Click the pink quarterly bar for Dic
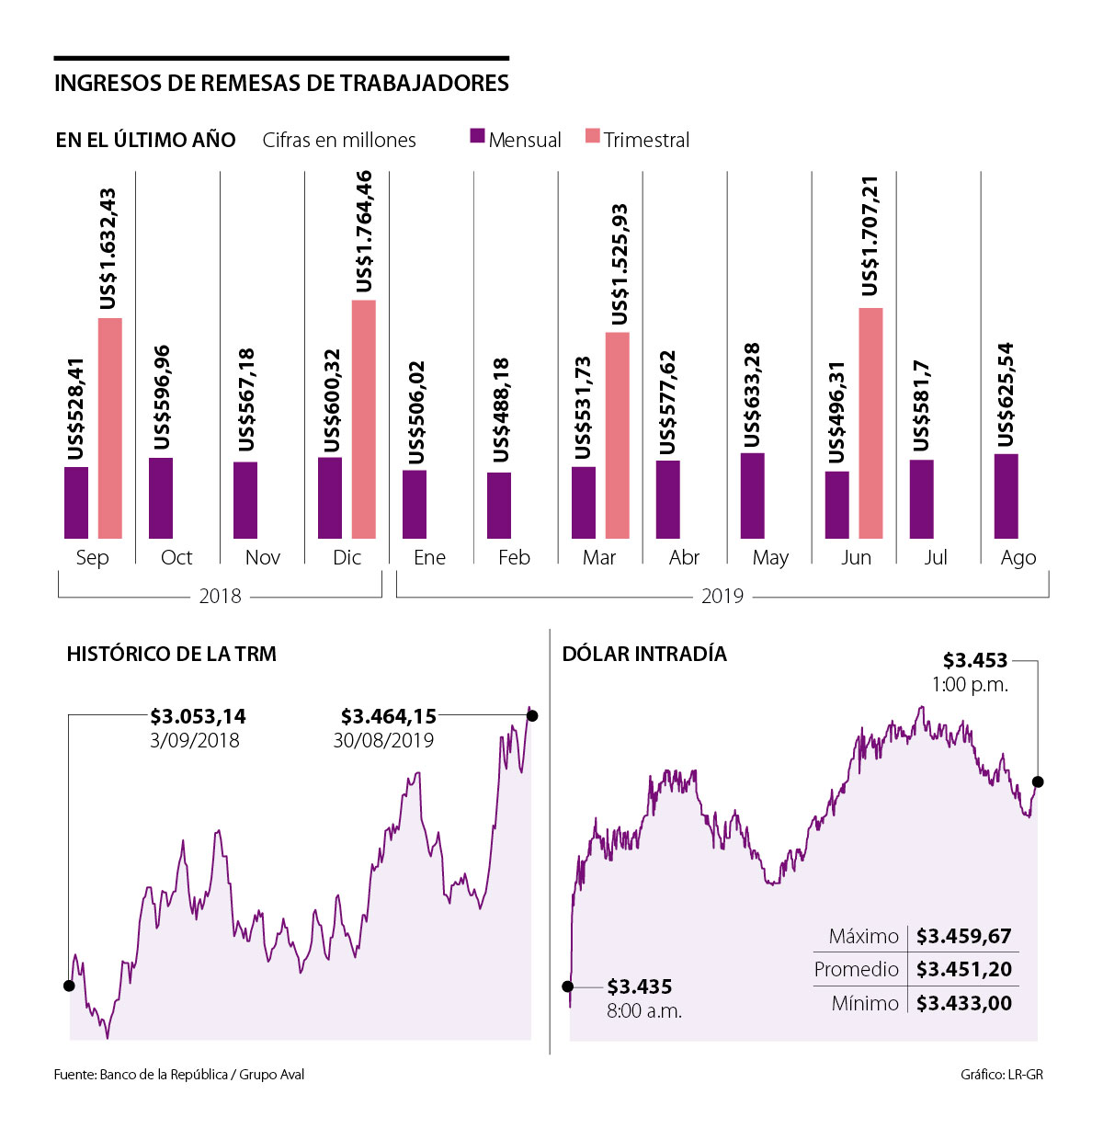pyautogui.click(x=364, y=419)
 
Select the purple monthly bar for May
pyautogui.click(x=752, y=496)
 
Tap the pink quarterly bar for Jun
pyautogui.click(x=870, y=423)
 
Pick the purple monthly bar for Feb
pyautogui.click(x=499, y=506)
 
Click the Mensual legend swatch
pyautogui.click(x=477, y=136)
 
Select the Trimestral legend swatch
pyautogui.click(x=593, y=136)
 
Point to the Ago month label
pyautogui.click(x=1018, y=558)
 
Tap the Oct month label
pyautogui.click(x=176, y=558)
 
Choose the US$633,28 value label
pyautogui.click(x=752, y=394)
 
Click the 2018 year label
pyautogui.click(x=220, y=597)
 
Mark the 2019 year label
pyautogui.click(x=722, y=597)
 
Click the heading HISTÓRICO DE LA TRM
pyautogui.click(x=171, y=655)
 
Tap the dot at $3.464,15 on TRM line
pyautogui.click(x=532, y=715)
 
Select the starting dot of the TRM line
pyautogui.click(x=69, y=986)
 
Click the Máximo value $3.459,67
pyautogui.click(x=963, y=937)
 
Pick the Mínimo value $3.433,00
pyautogui.click(x=963, y=1003)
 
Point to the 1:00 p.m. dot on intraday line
pyautogui.click(x=1039, y=781)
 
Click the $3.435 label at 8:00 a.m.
pyautogui.click(x=640, y=987)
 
